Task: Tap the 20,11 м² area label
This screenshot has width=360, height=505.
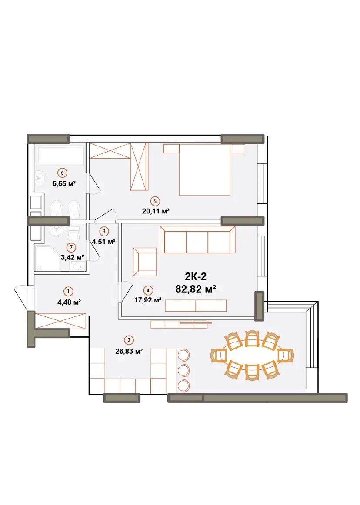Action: (155, 211)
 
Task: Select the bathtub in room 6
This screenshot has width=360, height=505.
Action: (61, 155)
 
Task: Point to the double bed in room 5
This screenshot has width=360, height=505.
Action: (205, 169)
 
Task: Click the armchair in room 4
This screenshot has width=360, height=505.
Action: (145, 262)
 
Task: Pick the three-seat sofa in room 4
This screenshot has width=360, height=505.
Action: (197, 240)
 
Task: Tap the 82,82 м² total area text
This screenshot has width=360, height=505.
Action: (196, 289)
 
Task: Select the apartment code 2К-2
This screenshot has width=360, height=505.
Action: (196, 276)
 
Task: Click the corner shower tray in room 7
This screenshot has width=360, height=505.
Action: (48, 258)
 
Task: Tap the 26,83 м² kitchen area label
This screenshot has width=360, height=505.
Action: (129, 352)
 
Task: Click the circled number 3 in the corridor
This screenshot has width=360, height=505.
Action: (104, 231)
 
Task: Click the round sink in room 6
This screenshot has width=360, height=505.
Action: (40, 177)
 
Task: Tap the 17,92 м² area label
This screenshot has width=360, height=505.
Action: (148, 300)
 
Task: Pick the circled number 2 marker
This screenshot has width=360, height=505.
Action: (129, 340)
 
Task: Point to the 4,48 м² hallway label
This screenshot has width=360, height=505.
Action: (69, 302)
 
